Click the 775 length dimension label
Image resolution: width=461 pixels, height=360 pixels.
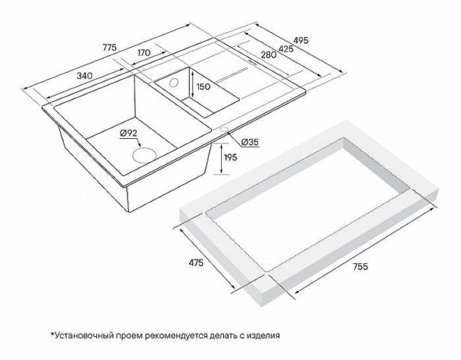[108, 48]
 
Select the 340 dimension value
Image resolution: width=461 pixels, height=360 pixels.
[85, 75]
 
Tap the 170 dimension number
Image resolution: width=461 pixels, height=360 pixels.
[143, 54]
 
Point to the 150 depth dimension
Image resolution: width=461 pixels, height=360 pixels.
[203, 87]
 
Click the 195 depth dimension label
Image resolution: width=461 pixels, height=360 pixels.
[229, 157]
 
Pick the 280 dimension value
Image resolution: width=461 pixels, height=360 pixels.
[268, 54]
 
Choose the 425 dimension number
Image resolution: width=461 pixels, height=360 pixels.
[286, 48]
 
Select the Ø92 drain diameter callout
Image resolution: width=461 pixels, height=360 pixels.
[128, 134]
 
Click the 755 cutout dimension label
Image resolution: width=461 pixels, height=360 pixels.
[362, 266]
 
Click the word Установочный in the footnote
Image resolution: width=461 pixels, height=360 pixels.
[86, 335]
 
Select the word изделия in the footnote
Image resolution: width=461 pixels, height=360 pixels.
[261, 335]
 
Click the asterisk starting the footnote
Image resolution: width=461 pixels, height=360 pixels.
[52, 334]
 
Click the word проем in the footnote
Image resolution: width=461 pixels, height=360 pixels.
[133, 335]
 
